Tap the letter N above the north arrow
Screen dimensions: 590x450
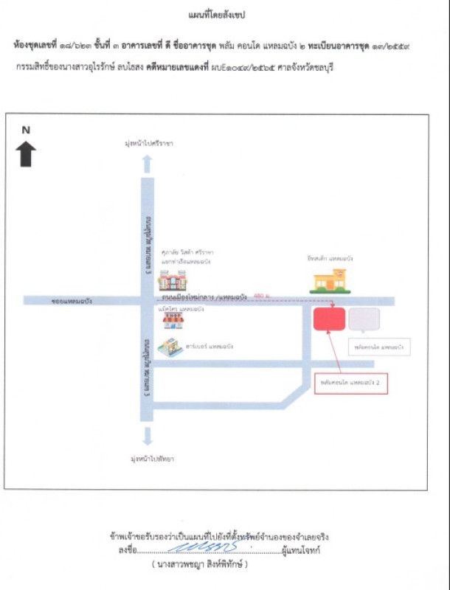pos(26,130)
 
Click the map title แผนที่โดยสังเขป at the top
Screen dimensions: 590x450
pos(224,14)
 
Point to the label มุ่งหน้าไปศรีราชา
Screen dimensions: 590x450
pos(148,144)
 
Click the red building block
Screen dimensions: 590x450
pos(329,319)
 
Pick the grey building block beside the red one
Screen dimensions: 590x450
pos(364,319)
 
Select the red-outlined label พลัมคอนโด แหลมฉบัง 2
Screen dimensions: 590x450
pos(350,384)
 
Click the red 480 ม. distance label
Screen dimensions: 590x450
pos(260,296)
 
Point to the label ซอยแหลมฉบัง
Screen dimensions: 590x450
pos(72,301)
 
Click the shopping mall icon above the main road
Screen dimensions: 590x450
pos(173,280)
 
